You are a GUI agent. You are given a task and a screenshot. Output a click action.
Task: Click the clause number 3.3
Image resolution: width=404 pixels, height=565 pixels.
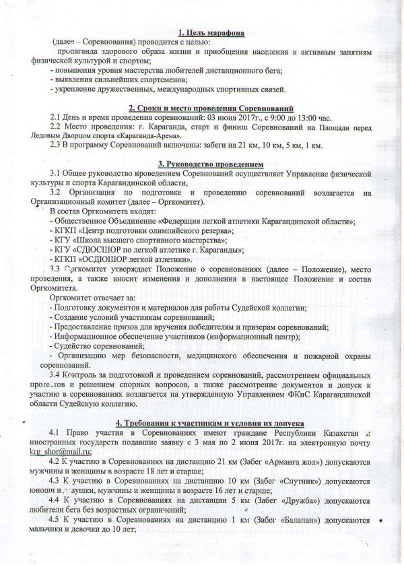tap(57, 269)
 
